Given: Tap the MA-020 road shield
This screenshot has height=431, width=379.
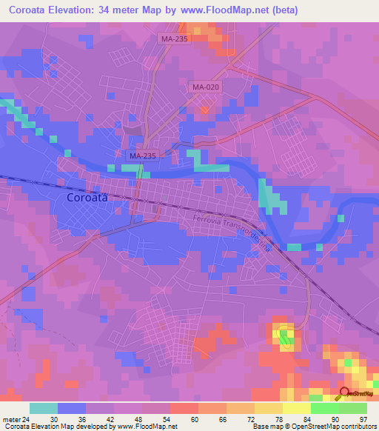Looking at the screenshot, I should pyautogui.click(x=206, y=87).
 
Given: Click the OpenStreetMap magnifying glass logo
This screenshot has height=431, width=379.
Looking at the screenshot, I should pyautogui.click(x=344, y=394).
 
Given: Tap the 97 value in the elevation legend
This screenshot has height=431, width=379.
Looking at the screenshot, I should pyautogui.click(x=363, y=418).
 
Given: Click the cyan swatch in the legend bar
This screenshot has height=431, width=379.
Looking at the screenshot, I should pyautogui.click(x=43, y=408).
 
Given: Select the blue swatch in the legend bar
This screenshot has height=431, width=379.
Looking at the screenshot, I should pyautogui.click(x=71, y=408).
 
